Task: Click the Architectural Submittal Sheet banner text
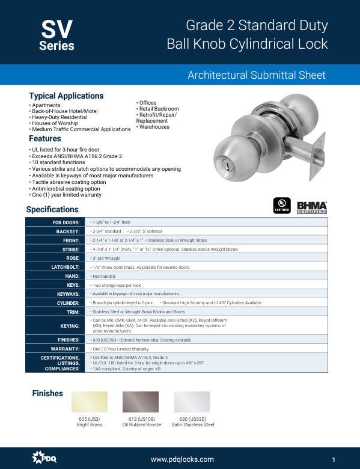pos(257,75)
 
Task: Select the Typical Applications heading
pos(66,96)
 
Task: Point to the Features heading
pos(45,139)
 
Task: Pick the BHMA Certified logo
pos(312,206)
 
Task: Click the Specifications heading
pos(52,209)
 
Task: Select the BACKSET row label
pos(68,231)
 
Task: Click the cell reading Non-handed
pos(103,275)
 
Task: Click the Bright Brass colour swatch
pos(90,402)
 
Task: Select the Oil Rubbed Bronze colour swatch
pos(141,402)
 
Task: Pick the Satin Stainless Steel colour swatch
pos(192,402)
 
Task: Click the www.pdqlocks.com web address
pos(182,459)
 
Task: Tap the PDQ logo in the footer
pos(44,459)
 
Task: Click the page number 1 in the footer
pos(332,459)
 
